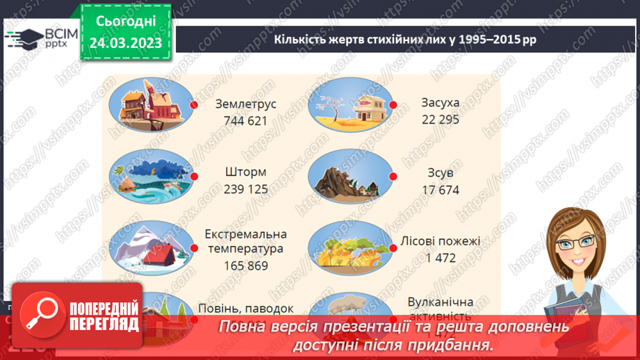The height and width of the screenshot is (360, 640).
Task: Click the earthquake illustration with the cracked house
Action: [x=151, y=105]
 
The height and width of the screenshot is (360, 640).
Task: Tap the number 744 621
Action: [x=245, y=120]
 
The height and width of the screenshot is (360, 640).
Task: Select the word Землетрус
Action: [x=245, y=104]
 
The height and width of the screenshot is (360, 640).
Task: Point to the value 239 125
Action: [x=245, y=190]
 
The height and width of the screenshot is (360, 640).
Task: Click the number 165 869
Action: [x=245, y=265]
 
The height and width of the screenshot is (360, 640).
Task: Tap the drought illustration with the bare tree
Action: [x=350, y=105]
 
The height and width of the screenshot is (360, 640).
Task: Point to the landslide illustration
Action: [x=350, y=177]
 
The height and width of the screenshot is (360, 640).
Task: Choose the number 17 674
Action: [x=440, y=190]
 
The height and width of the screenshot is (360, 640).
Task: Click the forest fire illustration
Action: [x=350, y=248]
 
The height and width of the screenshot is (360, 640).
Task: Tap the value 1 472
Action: [x=440, y=258]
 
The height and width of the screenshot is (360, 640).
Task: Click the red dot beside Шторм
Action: [x=195, y=177]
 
